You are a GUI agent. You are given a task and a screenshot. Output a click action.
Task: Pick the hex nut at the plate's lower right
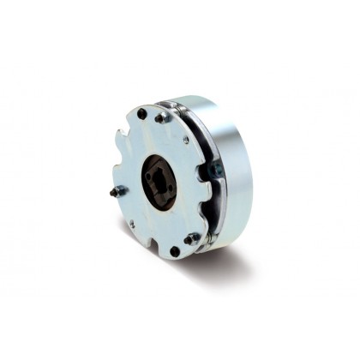pos(192,237)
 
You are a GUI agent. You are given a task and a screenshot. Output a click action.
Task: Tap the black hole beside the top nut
pos(141,113)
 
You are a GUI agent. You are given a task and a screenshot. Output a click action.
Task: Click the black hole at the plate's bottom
pos(175,251)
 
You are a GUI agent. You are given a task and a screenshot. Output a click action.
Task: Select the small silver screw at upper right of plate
pos(186,140)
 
